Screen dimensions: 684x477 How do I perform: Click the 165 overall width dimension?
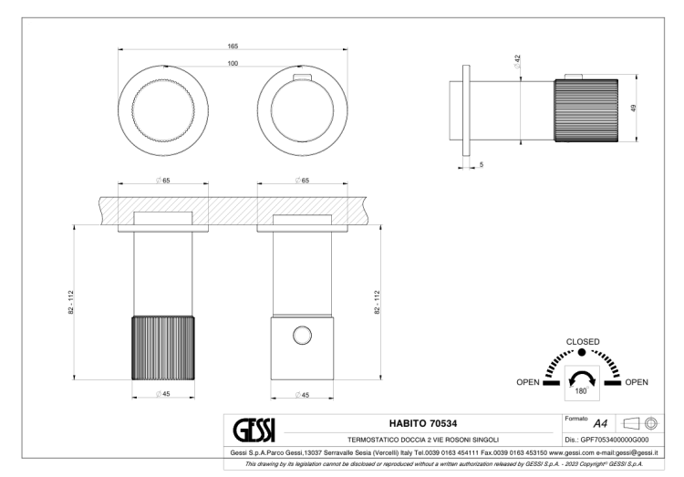click(x=233, y=47)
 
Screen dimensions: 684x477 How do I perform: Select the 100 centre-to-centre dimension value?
click(x=233, y=63)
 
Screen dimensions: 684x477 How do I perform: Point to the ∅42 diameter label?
click(x=517, y=61)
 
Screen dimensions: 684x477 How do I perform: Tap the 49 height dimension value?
click(x=634, y=108)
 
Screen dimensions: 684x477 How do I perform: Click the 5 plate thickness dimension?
click(x=482, y=164)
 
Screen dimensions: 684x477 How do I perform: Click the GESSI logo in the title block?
click(x=254, y=430)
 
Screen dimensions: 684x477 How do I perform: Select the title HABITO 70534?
click(x=423, y=423)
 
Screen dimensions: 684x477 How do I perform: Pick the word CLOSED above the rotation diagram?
click(x=583, y=342)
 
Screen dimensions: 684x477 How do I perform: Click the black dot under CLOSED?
click(x=582, y=352)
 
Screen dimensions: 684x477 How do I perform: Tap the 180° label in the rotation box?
click(x=582, y=391)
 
